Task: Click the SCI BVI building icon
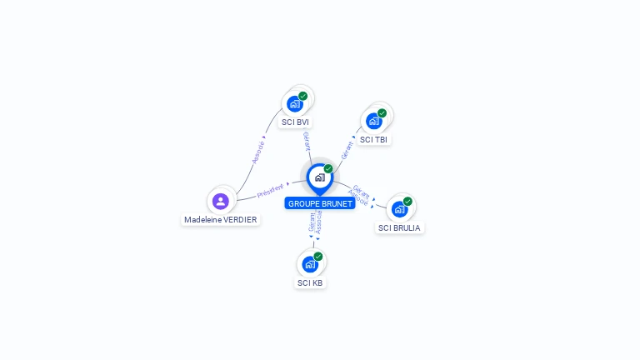tap(294, 103)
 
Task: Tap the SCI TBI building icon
tap(374, 121)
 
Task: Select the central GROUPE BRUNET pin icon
tap(319, 177)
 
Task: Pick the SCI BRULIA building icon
tap(399, 209)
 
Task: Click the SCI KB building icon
tap(310, 264)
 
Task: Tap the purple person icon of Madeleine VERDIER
tap(221, 201)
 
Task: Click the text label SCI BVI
tap(295, 122)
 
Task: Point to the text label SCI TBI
tap(374, 140)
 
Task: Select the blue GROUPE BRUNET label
tap(320, 203)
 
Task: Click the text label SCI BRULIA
tap(400, 227)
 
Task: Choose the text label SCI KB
tap(310, 282)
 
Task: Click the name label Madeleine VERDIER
tap(221, 220)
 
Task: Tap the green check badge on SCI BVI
tap(303, 96)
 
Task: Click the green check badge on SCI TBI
tap(382, 113)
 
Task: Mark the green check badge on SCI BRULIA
tap(407, 201)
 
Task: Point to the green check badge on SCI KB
tap(318, 257)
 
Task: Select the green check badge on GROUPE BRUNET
tap(328, 168)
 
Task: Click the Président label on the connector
tap(270, 190)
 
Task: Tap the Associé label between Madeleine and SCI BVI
tap(257, 151)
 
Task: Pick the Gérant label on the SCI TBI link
tap(347, 148)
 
